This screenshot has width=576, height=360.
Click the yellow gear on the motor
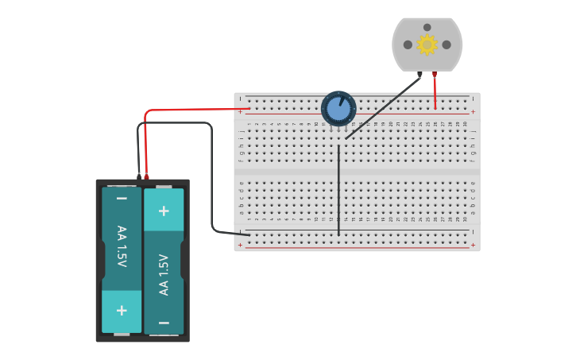coord(427,45)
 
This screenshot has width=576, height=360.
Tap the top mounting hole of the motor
coord(427,27)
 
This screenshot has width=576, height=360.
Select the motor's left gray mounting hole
coord(408,45)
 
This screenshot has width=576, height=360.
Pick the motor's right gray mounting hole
coord(446,45)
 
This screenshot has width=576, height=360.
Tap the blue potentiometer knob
coord(338,110)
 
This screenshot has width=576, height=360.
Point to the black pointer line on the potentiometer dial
coord(342,101)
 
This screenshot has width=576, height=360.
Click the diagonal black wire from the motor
coord(381,108)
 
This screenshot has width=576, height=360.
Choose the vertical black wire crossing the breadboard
coord(338,191)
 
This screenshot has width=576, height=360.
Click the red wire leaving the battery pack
coord(191,110)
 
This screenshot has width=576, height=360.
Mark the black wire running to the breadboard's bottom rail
coord(212,183)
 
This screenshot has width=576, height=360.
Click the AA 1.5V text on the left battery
coord(122,246)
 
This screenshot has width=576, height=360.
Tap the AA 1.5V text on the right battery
coord(164,274)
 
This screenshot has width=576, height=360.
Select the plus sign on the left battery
coord(122,310)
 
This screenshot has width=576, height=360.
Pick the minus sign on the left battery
coord(122,198)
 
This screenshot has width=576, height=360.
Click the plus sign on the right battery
coord(164,211)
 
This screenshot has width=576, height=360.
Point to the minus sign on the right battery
coord(164,323)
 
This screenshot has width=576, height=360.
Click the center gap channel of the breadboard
coord(358,172)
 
